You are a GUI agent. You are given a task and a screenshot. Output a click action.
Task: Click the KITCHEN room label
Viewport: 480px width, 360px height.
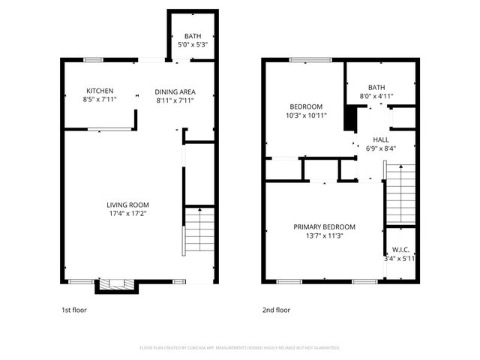[x=99, y=90]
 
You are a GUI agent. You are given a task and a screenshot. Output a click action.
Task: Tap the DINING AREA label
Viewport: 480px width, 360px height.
[x=175, y=90]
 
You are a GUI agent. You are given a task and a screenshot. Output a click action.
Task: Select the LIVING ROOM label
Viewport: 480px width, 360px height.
[x=127, y=205]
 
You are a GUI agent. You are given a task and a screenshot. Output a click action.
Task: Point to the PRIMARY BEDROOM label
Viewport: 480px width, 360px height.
[x=324, y=226]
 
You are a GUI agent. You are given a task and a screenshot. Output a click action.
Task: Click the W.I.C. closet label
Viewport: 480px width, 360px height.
[x=400, y=250]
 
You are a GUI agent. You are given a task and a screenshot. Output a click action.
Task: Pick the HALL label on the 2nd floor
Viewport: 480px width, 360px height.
[x=381, y=139]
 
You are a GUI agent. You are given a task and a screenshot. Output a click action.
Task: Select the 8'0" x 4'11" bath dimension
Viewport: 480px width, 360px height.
[x=381, y=96]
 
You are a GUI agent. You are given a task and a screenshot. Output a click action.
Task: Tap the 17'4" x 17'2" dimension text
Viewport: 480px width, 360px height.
[x=127, y=214]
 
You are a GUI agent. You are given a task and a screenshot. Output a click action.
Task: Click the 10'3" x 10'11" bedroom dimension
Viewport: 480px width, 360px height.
[x=306, y=115]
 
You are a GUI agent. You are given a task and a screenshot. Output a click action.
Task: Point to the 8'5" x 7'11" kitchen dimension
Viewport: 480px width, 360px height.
[x=99, y=99]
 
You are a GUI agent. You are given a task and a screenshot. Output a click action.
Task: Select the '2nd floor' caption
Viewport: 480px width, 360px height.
[x=276, y=310]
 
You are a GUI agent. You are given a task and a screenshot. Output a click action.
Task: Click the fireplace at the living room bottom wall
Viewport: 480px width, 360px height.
[x=116, y=283]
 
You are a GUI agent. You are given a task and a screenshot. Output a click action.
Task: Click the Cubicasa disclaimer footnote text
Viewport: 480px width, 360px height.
[x=240, y=348]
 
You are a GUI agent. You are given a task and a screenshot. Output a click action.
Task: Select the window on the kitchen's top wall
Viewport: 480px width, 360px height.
[x=93, y=59]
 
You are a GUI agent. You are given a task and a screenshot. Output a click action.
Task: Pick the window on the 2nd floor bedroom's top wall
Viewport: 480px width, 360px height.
[x=305, y=59]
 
